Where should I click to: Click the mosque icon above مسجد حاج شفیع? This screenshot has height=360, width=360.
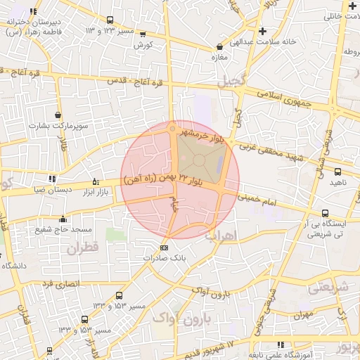click(x=63, y=218)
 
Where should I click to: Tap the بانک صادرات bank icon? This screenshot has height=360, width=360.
click(x=165, y=247)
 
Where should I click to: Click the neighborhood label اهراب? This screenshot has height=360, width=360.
click(x=221, y=235)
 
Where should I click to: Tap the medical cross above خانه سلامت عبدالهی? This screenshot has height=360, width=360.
click(x=263, y=31)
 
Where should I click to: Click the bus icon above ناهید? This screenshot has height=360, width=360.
click(x=337, y=172)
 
